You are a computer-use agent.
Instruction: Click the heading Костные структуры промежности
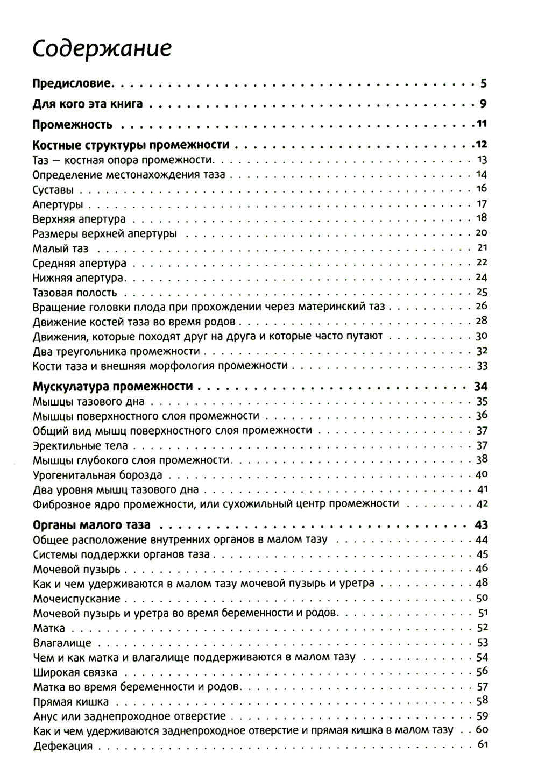(131, 145)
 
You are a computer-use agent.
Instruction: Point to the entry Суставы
(53, 190)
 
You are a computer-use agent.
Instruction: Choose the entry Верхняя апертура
(79, 219)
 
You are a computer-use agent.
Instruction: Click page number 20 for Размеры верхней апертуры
(481, 233)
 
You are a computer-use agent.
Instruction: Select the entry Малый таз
(60, 249)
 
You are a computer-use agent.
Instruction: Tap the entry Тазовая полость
(74, 293)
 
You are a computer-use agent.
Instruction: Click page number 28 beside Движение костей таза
(481, 321)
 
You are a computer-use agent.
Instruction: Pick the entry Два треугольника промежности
(116, 351)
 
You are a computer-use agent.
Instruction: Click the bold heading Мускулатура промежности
(113, 387)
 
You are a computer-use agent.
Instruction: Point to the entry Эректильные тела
(80, 446)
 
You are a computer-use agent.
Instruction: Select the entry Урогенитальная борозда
(97, 475)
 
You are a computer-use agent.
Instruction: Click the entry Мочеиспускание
(76, 599)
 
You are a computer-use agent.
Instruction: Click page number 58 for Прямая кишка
(482, 700)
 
